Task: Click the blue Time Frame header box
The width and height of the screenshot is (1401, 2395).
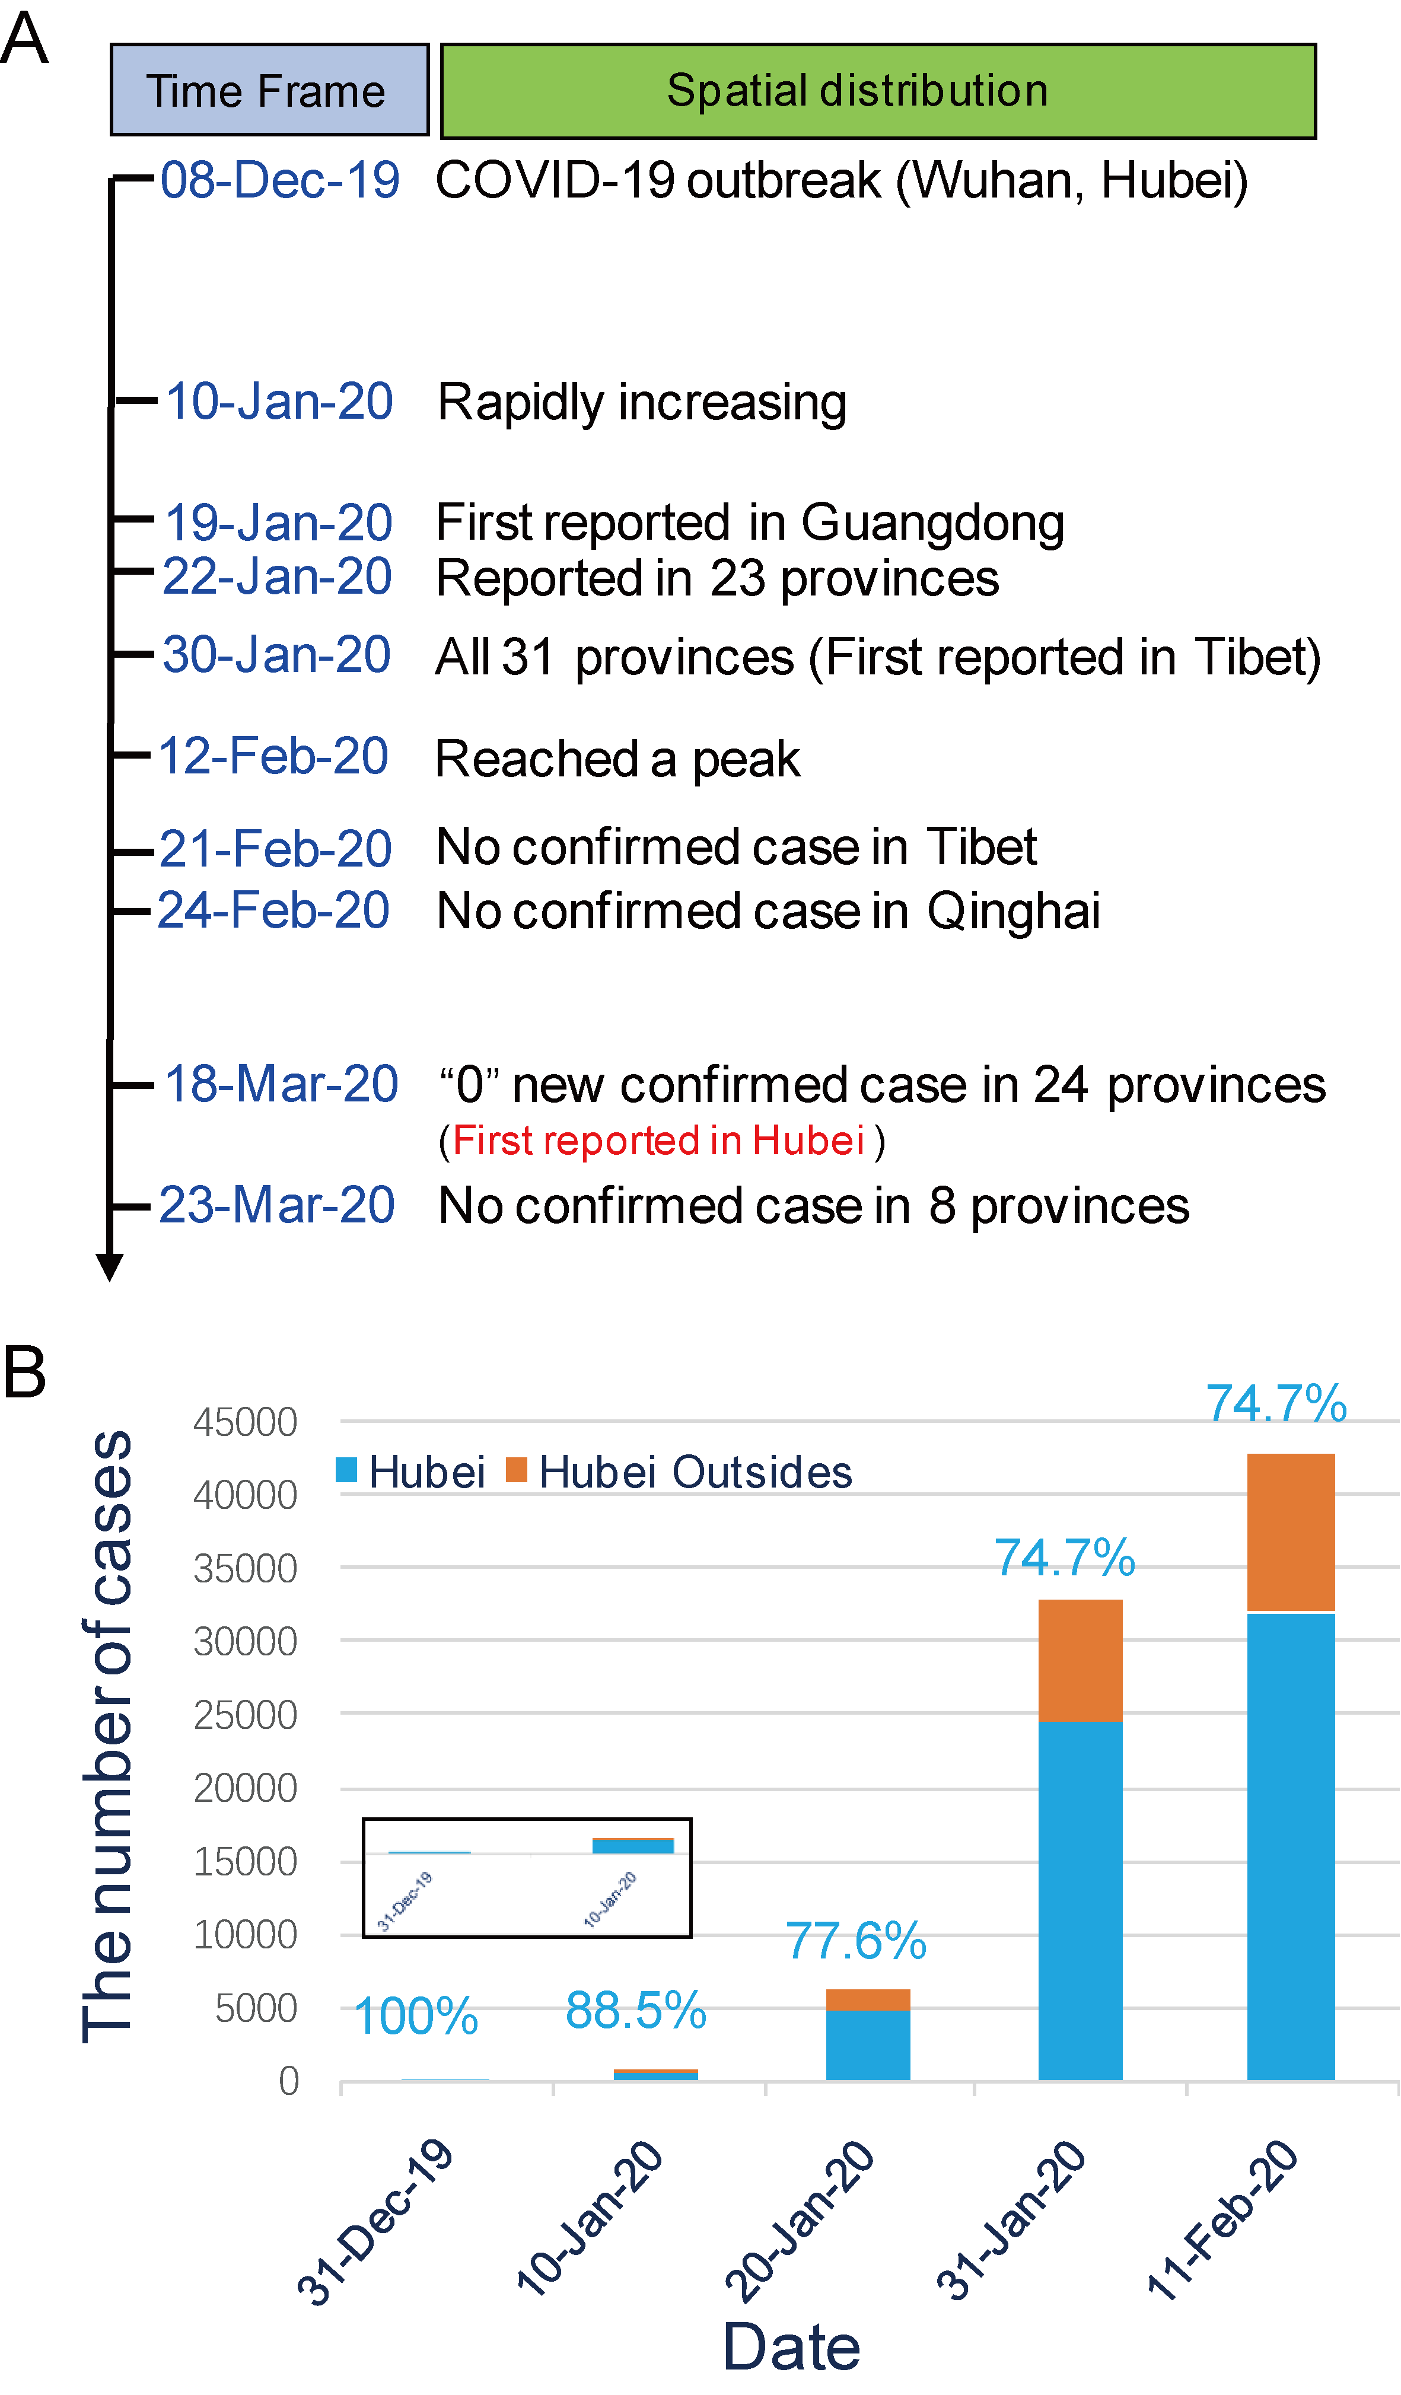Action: pos(269,90)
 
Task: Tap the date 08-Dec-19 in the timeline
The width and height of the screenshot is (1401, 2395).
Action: pos(279,180)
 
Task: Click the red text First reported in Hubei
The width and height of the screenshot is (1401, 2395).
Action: pos(658,1141)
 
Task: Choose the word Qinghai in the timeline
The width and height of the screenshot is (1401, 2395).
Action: pos(1013,910)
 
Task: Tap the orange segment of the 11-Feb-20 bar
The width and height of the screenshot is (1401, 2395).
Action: pos(1290,1532)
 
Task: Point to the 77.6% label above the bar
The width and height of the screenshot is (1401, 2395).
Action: pos(855,1941)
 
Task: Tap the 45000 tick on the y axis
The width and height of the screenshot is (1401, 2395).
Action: pos(245,1423)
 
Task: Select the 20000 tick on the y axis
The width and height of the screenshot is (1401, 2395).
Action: pos(245,1789)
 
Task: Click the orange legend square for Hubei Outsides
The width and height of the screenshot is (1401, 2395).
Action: pos(516,1470)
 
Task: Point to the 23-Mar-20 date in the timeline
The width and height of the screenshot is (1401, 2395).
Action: pos(276,1205)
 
